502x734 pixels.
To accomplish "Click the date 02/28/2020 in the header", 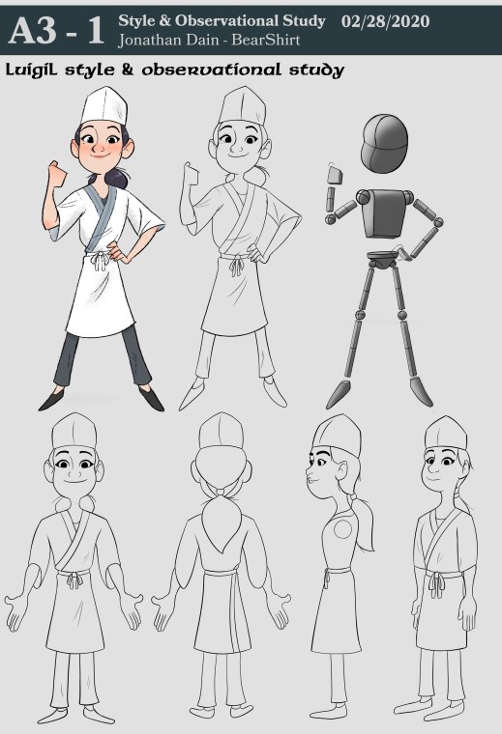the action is coord(385,21).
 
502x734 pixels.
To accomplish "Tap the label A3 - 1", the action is coord(57,31).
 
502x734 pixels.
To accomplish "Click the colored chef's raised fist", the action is coord(57,173).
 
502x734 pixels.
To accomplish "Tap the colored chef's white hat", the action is coord(104,106).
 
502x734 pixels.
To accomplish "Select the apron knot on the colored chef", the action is coord(100,260).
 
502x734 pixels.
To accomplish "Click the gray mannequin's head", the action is coord(384,144).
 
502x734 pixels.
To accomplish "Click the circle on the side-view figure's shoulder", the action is coord(342,528).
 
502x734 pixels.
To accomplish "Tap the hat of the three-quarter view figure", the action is coord(446,434).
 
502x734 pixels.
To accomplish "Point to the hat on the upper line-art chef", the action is coord(243,106).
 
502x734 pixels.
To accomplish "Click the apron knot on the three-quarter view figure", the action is coord(436,585).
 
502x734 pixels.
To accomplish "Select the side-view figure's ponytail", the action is coord(364,522).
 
